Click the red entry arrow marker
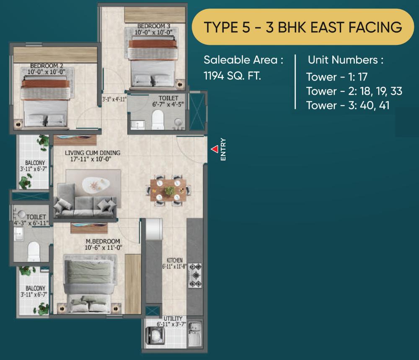pos(214,149)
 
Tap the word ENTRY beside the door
pos(223,150)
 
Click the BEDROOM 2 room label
pos(46,69)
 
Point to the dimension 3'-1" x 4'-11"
pos(114,100)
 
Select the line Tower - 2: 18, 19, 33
pos(347,91)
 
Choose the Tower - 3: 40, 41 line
pos(348,105)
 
